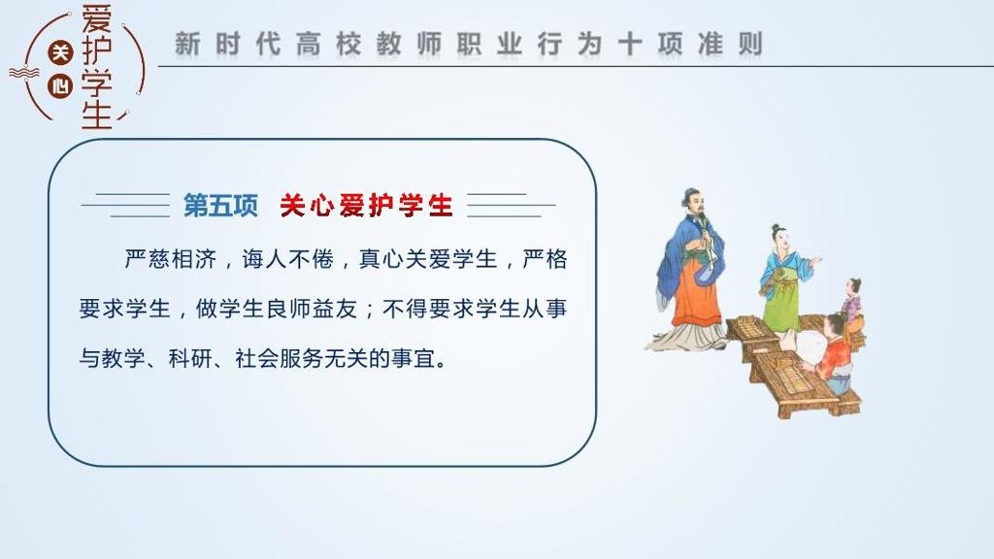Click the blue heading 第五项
pyautogui.click(x=220, y=206)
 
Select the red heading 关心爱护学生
pyautogui.click(x=366, y=206)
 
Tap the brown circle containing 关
pyautogui.click(x=60, y=52)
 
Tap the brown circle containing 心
pyautogui.click(x=60, y=85)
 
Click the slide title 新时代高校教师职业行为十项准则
pyautogui.click(x=469, y=45)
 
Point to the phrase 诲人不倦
pyautogui.click(x=287, y=259)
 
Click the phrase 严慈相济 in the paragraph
pyautogui.click(x=171, y=259)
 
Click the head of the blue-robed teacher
pyautogui.click(x=693, y=203)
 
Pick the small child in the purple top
pyautogui.click(x=853, y=304)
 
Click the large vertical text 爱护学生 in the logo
pyautogui.click(x=97, y=67)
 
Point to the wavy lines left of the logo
pyautogui.click(x=24, y=74)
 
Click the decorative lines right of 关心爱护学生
pyautogui.click(x=511, y=206)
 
